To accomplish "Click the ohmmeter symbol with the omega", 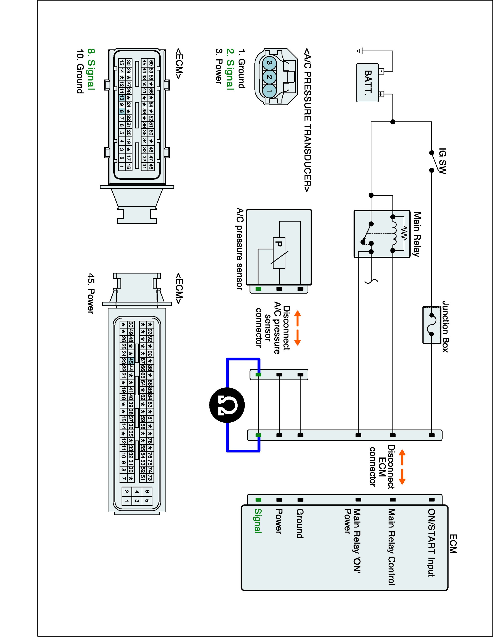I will coord(227,405).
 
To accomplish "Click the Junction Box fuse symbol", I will coord(431,325).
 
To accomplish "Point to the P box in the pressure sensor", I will coord(279,253).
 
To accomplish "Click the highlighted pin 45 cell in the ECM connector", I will coord(131,361).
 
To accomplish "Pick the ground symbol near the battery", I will coord(359,51).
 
